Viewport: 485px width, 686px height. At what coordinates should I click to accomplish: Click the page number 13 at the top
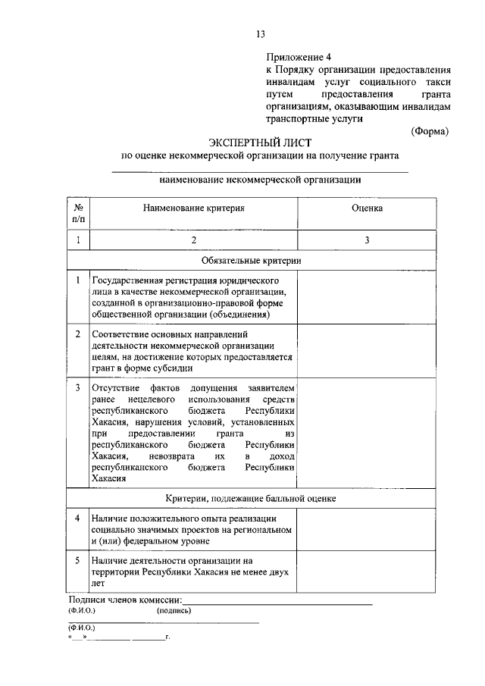click(x=260, y=34)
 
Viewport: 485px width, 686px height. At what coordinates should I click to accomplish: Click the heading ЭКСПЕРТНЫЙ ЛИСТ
click(x=260, y=142)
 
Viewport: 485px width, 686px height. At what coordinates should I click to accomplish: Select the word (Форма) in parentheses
click(x=430, y=130)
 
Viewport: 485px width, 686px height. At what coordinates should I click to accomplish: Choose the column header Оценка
click(x=367, y=207)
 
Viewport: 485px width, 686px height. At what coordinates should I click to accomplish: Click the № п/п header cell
click(x=78, y=212)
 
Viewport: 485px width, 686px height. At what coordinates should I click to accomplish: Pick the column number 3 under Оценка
click(x=367, y=240)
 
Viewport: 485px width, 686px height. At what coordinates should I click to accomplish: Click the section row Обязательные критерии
click(x=260, y=260)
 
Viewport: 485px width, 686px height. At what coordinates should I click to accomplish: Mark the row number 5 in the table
click(x=78, y=560)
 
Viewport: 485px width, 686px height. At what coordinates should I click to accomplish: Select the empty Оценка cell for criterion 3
click(x=367, y=433)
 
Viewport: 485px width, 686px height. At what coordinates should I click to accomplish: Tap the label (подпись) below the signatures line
click(x=174, y=609)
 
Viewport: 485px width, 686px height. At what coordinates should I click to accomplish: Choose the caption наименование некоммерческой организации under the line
click(x=260, y=180)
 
